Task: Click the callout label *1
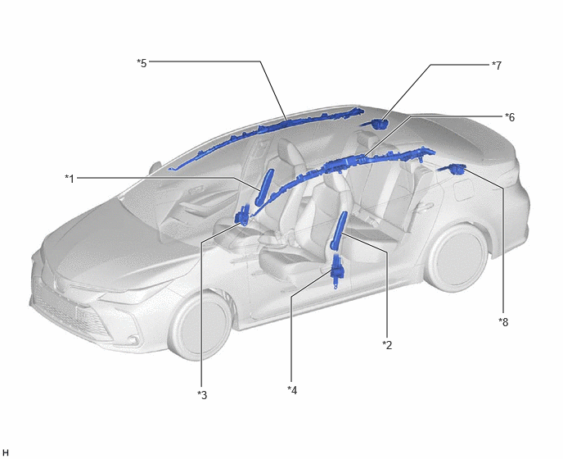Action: point(70,179)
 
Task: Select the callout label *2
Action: point(387,345)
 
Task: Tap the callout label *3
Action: point(202,395)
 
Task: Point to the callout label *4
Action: point(292,390)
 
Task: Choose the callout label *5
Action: point(142,63)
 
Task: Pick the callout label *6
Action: point(510,117)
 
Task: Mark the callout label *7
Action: point(497,66)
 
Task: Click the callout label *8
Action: point(503,322)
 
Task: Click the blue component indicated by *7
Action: point(376,124)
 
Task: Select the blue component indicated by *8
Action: point(453,168)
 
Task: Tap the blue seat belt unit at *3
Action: point(242,216)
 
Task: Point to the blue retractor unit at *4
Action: point(337,269)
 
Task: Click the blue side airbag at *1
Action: point(264,187)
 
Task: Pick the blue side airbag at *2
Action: point(339,230)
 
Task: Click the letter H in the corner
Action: point(6,452)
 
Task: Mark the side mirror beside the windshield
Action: point(155,167)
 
